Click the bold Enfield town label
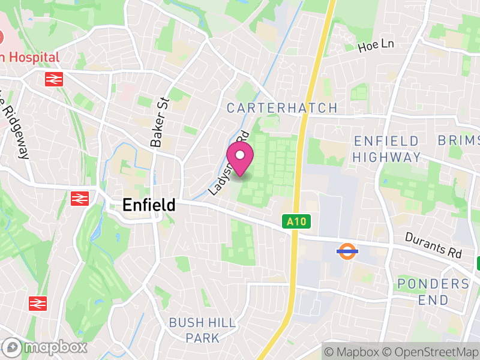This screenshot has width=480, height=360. click(149, 205)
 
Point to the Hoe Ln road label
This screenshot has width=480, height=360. click(377, 46)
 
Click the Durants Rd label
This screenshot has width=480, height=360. click(433, 245)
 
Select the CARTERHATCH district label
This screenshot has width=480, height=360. click(282, 108)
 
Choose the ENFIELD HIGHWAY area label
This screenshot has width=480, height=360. click(386, 149)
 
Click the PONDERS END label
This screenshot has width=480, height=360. click(433, 291)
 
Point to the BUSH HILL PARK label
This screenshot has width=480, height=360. click(202, 330)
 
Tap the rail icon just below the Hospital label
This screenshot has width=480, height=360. click(54, 79)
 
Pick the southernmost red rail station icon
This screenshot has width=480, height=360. click(38, 303)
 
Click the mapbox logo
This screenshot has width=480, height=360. click(46, 347)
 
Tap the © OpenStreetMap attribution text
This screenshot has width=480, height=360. click(431, 351)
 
